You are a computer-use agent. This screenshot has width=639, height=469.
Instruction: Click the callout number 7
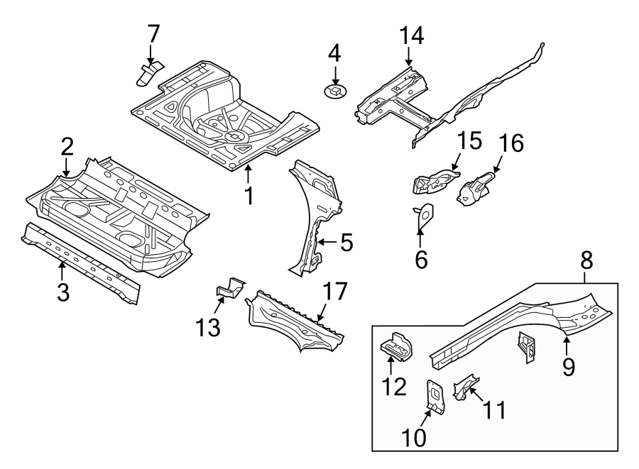(153, 34)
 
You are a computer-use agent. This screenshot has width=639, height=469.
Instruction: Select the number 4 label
(334, 53)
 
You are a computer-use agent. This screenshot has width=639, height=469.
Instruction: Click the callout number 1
(248, 195)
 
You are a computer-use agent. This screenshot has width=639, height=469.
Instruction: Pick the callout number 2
(66, 147)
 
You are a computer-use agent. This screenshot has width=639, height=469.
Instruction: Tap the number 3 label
(63, 292)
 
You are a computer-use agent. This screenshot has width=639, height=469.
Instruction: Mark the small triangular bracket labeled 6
(424, 216)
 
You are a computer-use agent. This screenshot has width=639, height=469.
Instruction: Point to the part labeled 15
(435, 180)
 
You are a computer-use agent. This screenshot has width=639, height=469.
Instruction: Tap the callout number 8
(586, 260)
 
